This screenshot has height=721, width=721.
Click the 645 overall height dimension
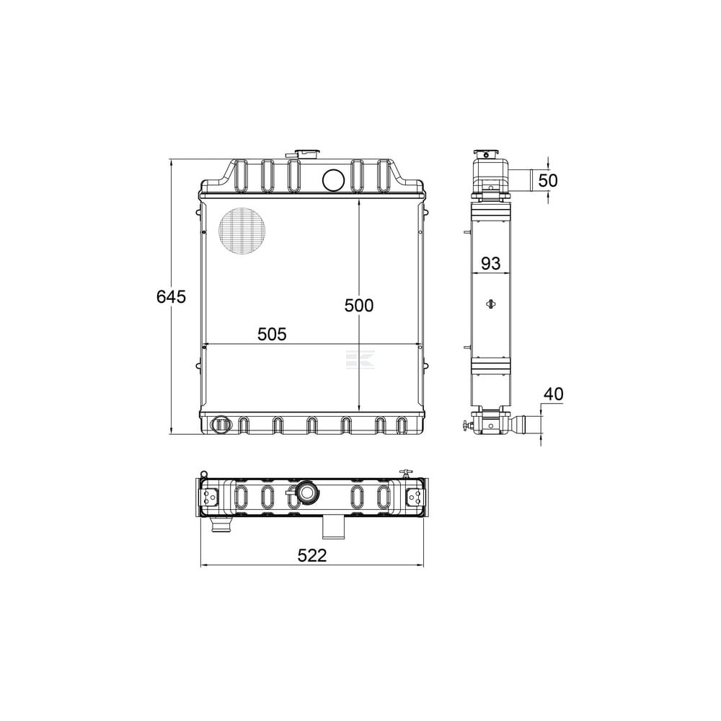(171, 296)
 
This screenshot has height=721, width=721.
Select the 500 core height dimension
(359, 305)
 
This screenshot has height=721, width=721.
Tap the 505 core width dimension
(272, 335)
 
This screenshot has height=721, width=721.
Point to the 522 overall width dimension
(312, 555)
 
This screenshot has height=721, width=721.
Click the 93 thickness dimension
(490, 263)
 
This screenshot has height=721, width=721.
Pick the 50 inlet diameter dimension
(548, 180)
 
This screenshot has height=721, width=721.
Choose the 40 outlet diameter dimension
(553, 394)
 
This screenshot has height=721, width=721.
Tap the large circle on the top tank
(333, 180)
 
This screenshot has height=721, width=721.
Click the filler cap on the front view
(306, 154)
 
